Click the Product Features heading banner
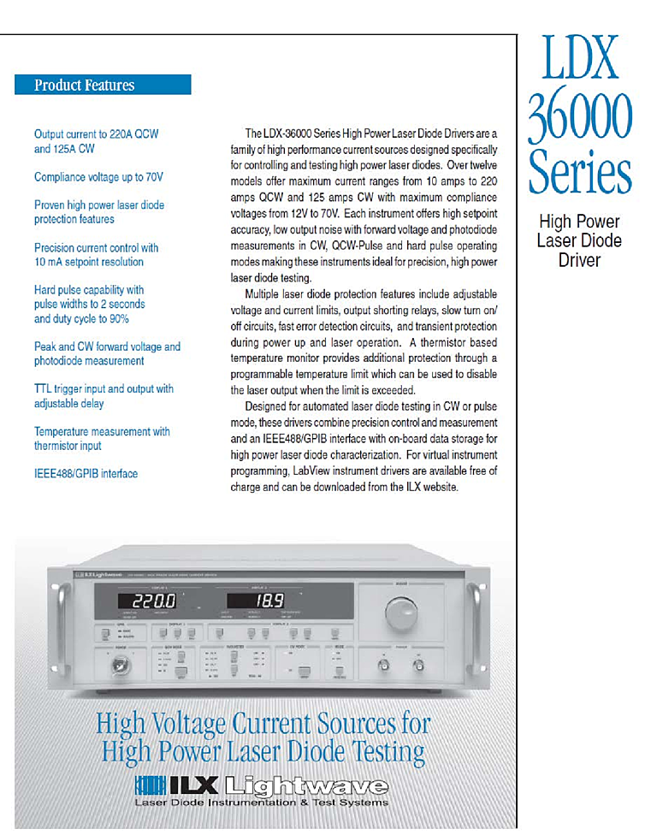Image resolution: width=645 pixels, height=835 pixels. (103, 86)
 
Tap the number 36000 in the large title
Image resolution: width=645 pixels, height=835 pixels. (580, 117)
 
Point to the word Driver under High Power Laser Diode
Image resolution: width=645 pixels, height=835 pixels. (579, 259)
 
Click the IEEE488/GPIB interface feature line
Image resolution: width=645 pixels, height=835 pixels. (86, 473)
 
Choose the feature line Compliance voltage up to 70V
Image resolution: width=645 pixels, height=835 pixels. (98, 177)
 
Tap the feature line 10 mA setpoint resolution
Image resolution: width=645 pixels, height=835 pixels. (89, 262)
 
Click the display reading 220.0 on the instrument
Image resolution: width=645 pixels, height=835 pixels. (147, 602)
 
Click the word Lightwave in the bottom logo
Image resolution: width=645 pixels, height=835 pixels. (306, 786)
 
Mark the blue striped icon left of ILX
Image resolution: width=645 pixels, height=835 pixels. (149, 786)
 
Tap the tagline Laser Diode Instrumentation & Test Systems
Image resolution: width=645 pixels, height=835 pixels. (261, 802)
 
